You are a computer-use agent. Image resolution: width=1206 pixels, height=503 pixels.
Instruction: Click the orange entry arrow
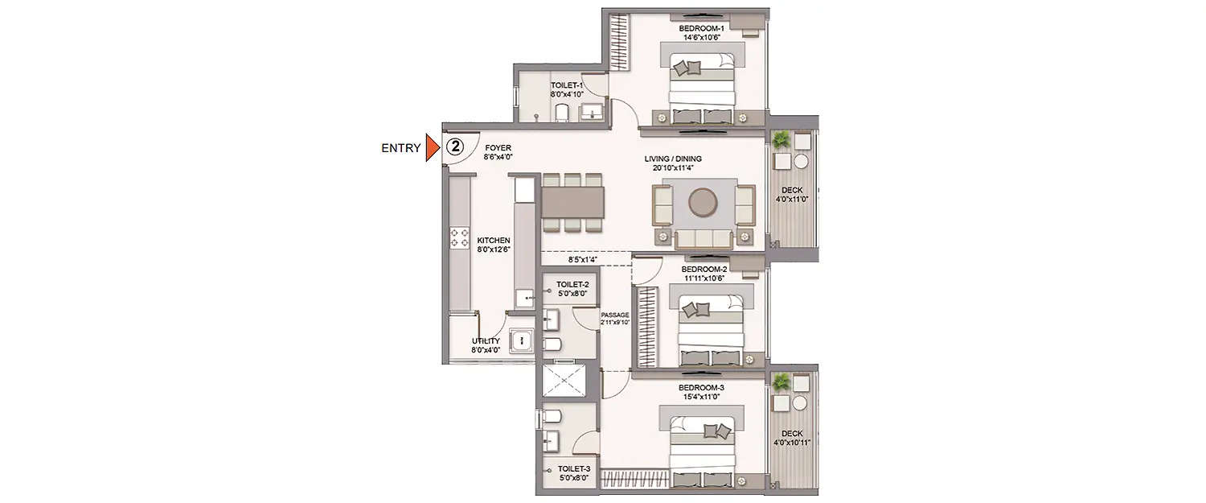(433, 147)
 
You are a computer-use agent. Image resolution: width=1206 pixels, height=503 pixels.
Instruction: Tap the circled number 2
(455, 146)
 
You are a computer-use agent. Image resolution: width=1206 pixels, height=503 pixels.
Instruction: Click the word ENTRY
(400, 148)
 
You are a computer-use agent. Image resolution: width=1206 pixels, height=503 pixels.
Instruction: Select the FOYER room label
(498, 153)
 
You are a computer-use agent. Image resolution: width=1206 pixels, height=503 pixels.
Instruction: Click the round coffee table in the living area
(703, 202)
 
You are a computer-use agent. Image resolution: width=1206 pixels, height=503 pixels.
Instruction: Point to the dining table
(572, 201)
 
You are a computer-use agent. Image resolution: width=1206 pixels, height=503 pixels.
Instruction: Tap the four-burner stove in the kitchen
(459, 237)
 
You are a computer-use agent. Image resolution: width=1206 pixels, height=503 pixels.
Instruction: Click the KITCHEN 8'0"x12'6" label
(493, 245)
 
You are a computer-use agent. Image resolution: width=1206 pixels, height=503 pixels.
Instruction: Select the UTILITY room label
(485, 345)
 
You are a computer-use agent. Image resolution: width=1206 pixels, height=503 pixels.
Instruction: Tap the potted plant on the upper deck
(781, 141)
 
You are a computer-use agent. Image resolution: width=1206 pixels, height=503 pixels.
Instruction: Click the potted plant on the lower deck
(781, 383)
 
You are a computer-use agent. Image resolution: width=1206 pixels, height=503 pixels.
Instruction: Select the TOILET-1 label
(566, 89)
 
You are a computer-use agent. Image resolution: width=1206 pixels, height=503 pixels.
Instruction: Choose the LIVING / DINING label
(673, 163)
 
